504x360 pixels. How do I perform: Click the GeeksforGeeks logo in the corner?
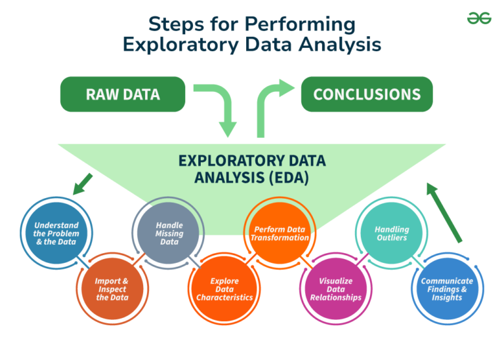pos(479,18)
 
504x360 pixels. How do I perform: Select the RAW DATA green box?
pos(123,94)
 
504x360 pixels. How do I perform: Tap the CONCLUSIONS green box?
pos(367,94)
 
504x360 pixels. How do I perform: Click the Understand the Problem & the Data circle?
pos(56,233)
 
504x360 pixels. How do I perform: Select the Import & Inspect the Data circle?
pos(112,289)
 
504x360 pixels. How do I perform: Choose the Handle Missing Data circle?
pos(169,233)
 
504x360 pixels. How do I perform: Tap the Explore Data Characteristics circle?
pos(224,289)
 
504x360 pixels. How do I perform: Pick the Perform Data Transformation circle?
pos(280,233)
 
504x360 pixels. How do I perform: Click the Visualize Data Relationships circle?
pos(335,289)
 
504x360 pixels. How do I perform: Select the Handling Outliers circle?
pos(392,233)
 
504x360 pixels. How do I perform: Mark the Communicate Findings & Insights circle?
pos(447,289)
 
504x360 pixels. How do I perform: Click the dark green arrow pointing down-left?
pos(83,184)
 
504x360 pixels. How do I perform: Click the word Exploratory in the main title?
pos(177,45)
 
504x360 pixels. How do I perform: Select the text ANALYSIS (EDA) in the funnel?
pos(251,177)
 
